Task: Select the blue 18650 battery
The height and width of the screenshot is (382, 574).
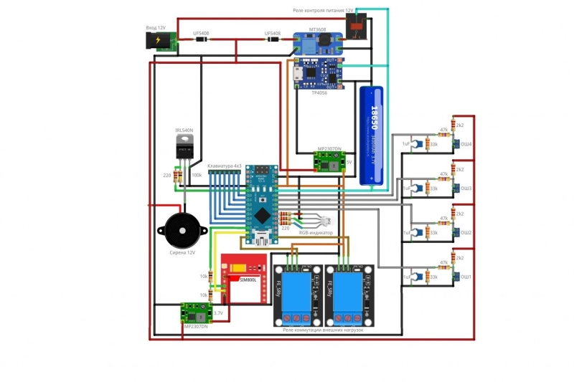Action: (372, 135)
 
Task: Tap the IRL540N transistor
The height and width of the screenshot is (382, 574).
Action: (184, 149)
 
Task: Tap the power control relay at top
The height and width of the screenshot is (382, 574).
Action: (357, 27)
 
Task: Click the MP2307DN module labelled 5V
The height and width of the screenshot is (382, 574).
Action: (329, 161)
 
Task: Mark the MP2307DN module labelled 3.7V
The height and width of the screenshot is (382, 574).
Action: (195, 312)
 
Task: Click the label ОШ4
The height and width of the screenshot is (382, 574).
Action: (466, 144)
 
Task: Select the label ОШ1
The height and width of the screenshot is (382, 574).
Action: (466, 277)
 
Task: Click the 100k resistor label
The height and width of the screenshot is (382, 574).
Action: (196, 175)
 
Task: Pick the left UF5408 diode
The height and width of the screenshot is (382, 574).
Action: (202, 40)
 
